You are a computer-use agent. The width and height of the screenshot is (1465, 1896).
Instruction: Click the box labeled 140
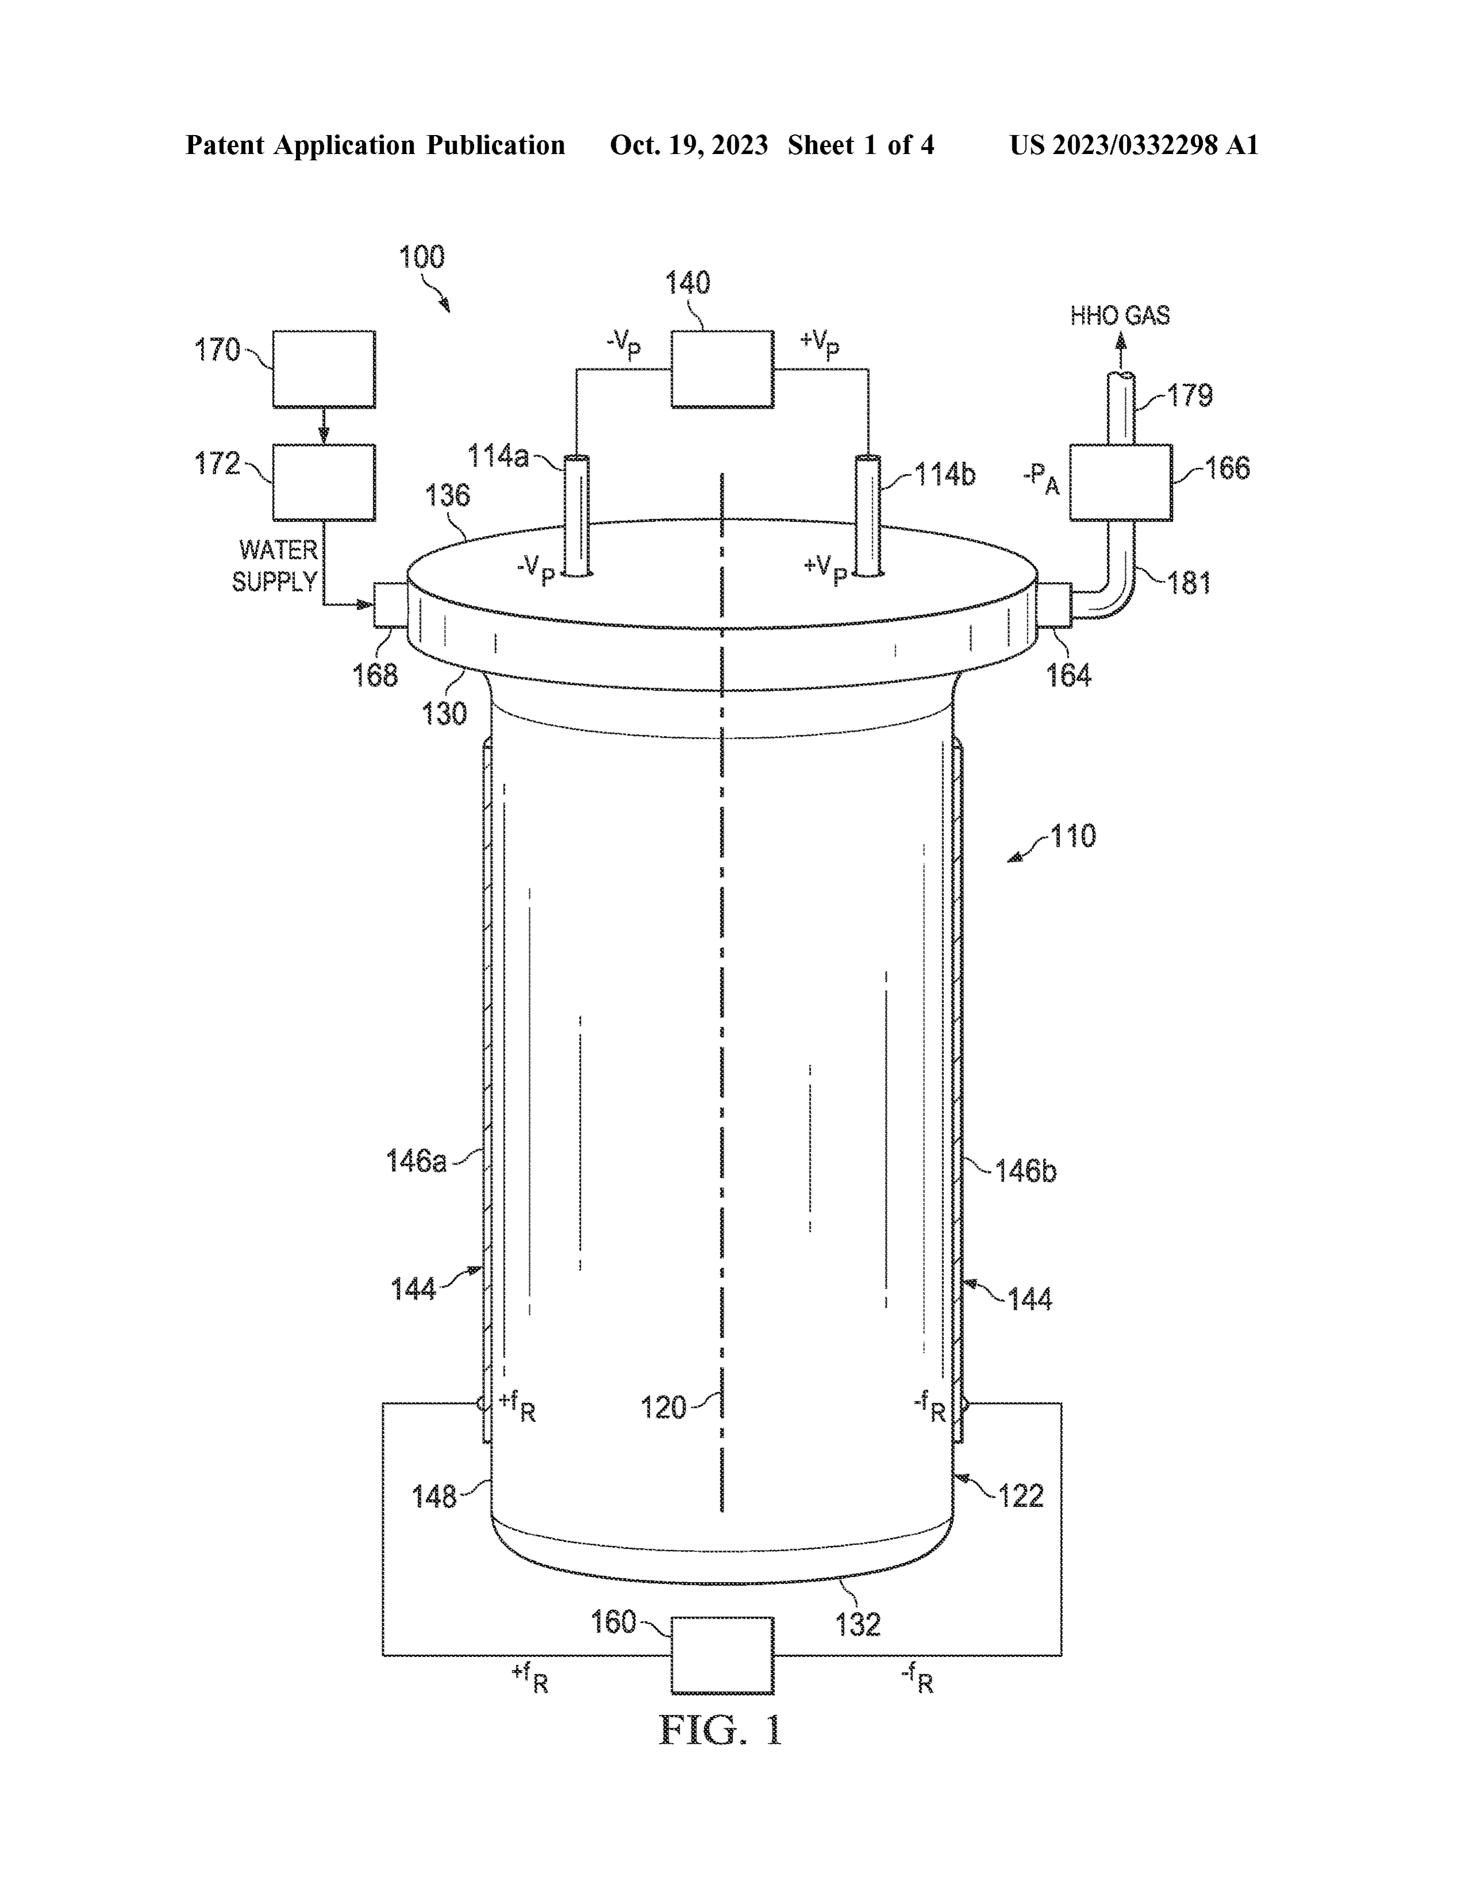722,369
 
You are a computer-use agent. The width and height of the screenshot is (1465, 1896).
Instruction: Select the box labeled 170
323,369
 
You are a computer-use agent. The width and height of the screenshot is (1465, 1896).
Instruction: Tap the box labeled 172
323,483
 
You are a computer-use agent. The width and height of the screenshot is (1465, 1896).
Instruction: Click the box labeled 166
1120,483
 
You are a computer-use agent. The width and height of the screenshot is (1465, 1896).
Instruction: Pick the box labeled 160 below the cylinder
722,1655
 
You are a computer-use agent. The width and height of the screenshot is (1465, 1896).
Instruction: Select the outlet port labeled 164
1054,605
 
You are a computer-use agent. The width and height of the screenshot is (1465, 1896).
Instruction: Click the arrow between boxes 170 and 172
323,425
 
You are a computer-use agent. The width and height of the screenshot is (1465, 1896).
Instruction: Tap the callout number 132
858,1624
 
